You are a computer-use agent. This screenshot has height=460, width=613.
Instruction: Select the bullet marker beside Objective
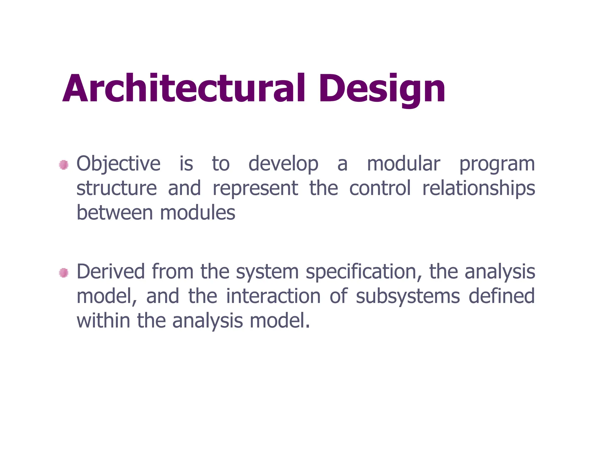click(x=63, y=165)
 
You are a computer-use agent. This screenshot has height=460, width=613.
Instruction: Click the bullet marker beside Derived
click(x=63, y=273)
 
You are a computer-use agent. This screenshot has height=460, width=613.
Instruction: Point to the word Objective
click(x=119, y=164)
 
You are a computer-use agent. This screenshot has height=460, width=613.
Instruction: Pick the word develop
click(x=283, y=164)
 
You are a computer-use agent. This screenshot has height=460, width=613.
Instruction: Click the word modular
click(x=403, y=164)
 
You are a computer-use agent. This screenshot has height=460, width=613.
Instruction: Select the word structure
click(x=117, y=188)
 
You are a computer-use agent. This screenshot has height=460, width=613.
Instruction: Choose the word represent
click(x=255, y=189)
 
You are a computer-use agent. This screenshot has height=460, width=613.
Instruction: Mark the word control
click(x=380, y=188)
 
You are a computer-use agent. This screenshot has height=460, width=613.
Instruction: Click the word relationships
click(x=478, y=189)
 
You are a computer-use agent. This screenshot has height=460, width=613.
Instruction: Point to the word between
click(x=115, y=213)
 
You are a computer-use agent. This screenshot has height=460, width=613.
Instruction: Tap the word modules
click(x=198, y=213)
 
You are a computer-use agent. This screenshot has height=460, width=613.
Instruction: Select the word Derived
click(x=111, y=272)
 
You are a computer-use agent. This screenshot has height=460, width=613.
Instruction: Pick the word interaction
click(x=273, y=296)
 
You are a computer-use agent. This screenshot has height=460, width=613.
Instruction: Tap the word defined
click(x=502, y=296)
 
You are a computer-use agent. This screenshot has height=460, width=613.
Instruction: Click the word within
click(x=104, y=321)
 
